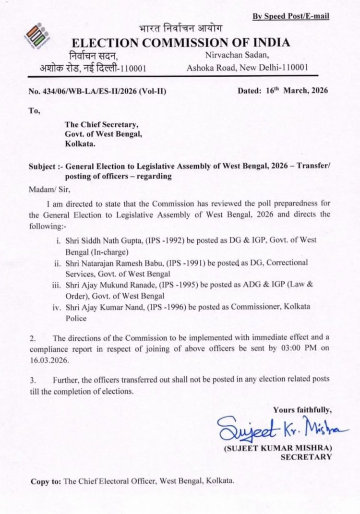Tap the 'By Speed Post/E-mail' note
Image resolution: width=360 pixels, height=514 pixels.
click(x=291, y=17)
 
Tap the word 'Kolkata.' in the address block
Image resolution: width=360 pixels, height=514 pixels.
click(x=80, y=143)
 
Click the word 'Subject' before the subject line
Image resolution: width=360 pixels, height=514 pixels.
click(x=44, y=167)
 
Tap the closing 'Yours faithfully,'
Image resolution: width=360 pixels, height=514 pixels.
click(x=302, y=409)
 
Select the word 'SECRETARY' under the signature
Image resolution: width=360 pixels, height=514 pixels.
click(x=306, y=457)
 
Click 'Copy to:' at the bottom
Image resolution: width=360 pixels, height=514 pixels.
click(x=46, y=481)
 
